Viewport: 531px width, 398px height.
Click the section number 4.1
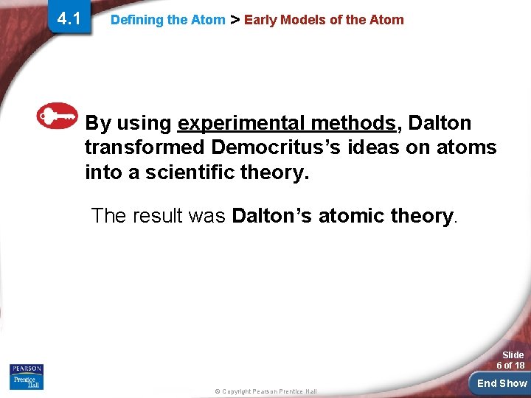(69, 18)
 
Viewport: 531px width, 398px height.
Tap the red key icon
(58, 115)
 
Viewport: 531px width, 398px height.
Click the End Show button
(502, 383)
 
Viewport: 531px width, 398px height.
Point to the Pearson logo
(27, 369)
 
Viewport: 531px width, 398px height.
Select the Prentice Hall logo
(27, 381)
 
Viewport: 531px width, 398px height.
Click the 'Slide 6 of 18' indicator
(510, 360)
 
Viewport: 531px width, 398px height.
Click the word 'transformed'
(144, 147)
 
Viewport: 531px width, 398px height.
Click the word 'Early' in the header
(258, 20)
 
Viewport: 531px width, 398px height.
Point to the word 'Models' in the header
(298, 20)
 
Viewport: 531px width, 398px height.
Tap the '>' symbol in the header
(235, 20)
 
